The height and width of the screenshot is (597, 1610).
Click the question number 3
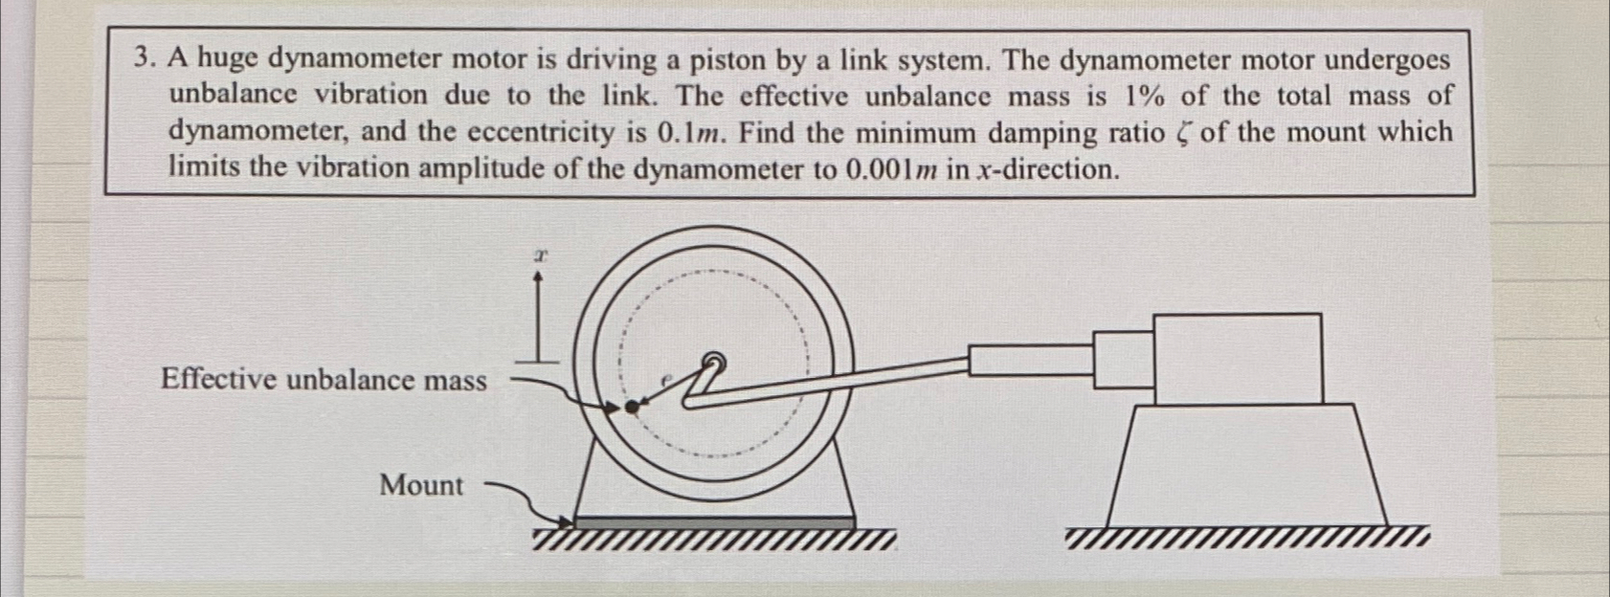[143, 60]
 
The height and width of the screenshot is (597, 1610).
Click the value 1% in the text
[1146, 96]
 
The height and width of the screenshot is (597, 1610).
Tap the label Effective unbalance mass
[324, 380]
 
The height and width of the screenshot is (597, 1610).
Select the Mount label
[421, 485]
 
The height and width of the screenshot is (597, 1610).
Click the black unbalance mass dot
[630, 408]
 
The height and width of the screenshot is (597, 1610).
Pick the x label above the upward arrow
[541, 256]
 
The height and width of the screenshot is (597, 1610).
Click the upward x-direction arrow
[541, 316]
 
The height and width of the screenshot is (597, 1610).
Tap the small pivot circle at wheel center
[712, 361]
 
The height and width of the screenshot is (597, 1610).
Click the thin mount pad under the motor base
[714, 521]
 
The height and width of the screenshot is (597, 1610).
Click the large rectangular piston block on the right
[1239, 359]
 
